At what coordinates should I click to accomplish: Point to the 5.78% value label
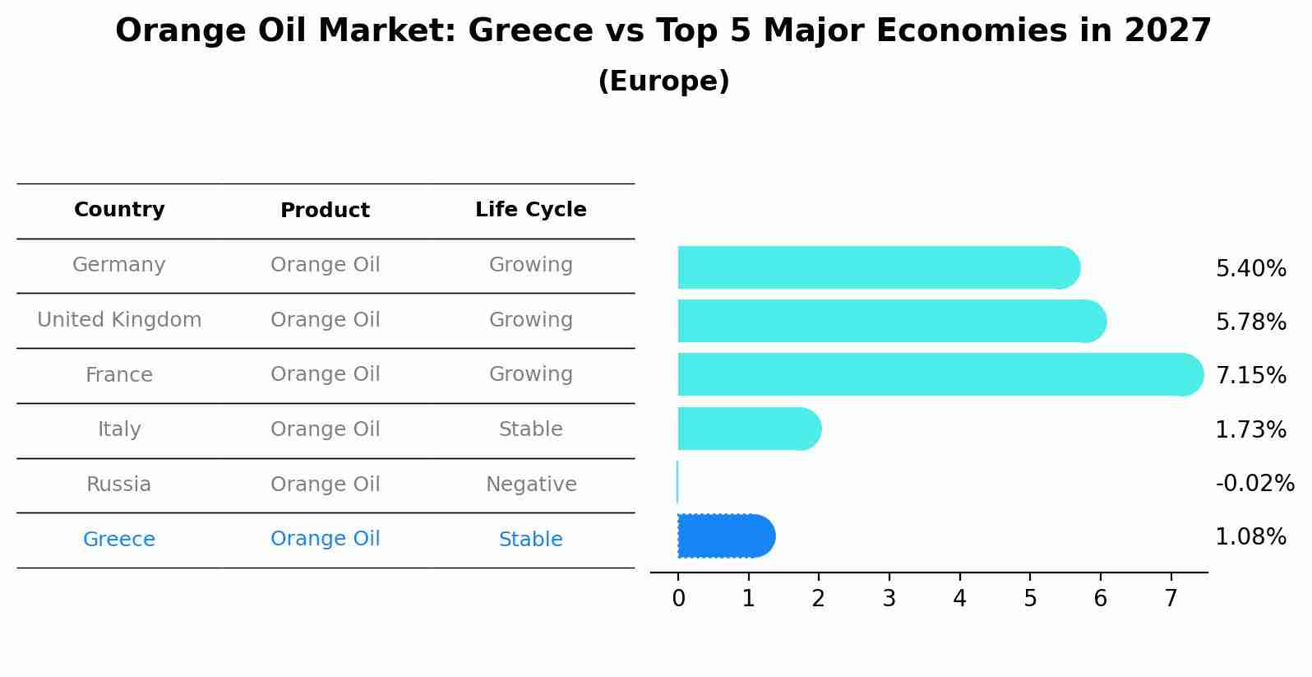coord(1250,322)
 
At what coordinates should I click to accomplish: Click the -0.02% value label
coord(1254,483)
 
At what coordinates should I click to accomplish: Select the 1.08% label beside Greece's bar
coord(1250,537)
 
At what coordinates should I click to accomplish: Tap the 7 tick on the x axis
coord(1171,599)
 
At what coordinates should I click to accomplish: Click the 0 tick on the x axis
coord(678,599)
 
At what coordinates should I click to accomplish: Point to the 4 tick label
coord(959,599)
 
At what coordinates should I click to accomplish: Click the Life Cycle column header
coord(530,210)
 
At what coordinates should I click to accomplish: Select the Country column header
coord(119,210)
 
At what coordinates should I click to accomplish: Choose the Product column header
coord(325,211)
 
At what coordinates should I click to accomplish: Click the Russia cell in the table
coord(119,485)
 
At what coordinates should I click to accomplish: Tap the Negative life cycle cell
coord(531,485)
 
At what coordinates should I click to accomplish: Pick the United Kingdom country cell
coord(119,320)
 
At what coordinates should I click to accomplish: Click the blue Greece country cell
coord(119,540)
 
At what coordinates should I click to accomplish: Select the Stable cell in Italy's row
coord(531,429)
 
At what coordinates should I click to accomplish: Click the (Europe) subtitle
coord(663,81)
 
